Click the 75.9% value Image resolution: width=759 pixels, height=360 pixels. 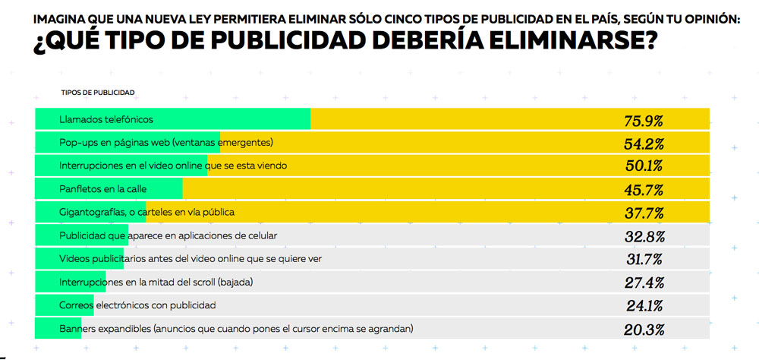pyautogui.click(x=644, y=120)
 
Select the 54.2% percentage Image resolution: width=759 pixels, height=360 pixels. pyautogui.click(x=644, y=143)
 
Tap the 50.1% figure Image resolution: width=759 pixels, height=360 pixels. pyautogui.click(x=644, y=166)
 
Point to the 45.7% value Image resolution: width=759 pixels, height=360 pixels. pyautogui.click(x=644, y=189)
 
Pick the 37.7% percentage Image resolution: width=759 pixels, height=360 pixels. pyautogui.click(x=644, y=213)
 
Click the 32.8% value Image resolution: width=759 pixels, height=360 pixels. pyautogui.click(x=644, y=236)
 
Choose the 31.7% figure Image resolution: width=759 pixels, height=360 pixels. pyautogui.click(x=644, y=259)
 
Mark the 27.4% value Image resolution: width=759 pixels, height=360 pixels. pyautogui.click(x=644, y=283)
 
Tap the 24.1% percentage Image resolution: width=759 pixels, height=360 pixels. pyautogui.click(x=644, y=306)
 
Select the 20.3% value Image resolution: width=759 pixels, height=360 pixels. pyautogui.click(x=644, y=330)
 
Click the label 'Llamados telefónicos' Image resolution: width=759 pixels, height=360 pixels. pyautogui.click(x=106, y=120)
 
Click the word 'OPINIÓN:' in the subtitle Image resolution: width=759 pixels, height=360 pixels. pyautogui.click(x=711, y=19)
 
